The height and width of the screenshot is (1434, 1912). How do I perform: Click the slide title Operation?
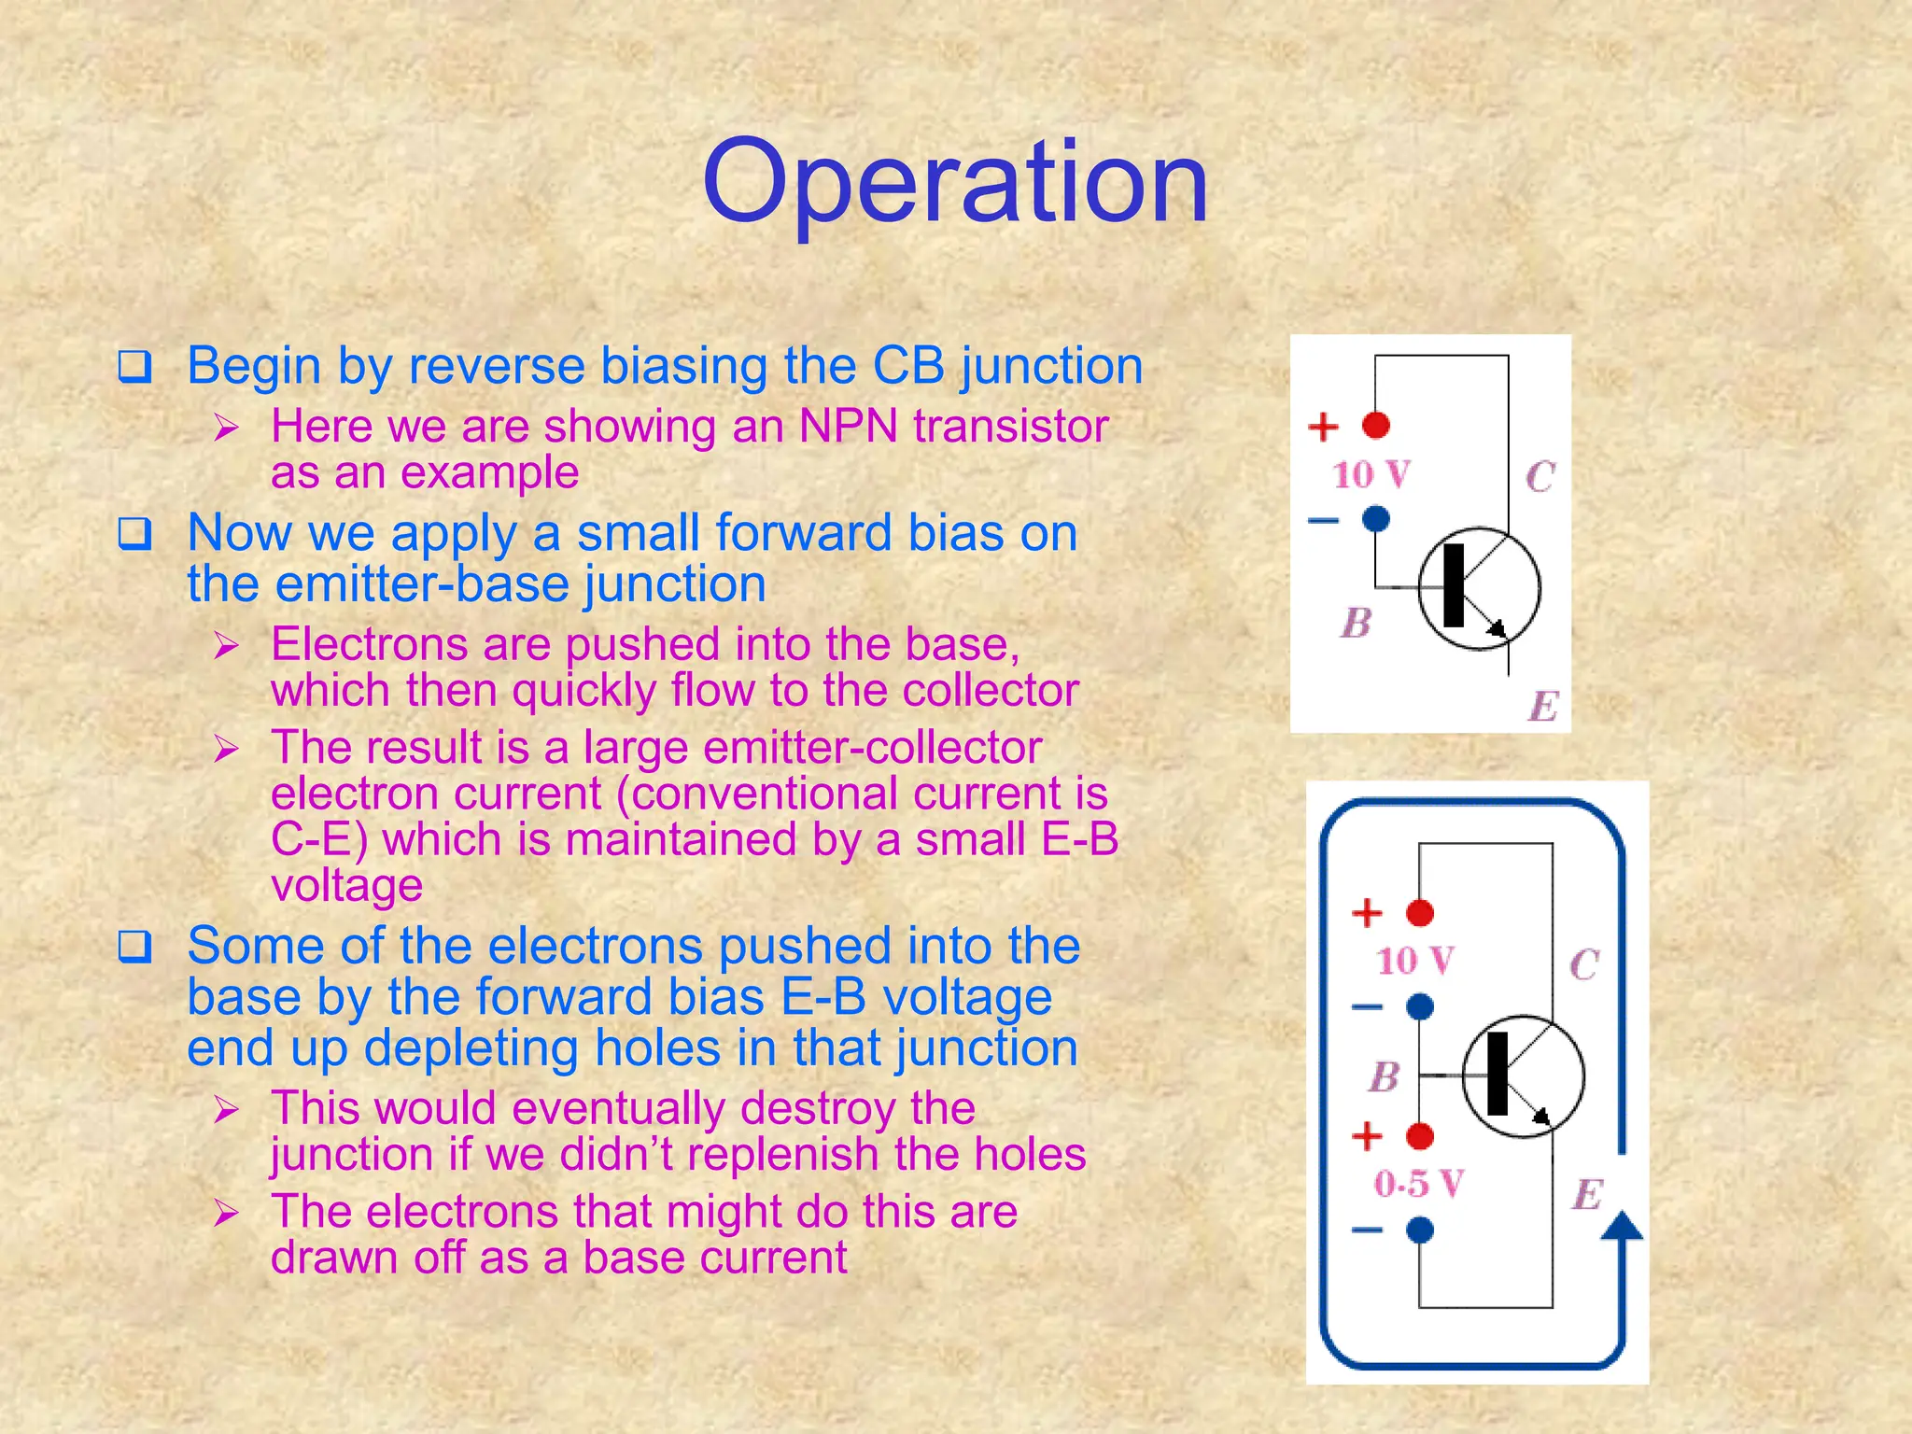click(954, 182)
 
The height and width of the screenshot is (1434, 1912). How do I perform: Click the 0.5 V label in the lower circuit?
click(1417, 1184)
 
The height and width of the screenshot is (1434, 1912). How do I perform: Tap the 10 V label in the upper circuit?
click(1371, 474)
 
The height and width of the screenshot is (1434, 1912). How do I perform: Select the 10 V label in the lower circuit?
click(1414, 960)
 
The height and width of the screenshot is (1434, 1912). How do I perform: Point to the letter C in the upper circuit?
click(1539, 477)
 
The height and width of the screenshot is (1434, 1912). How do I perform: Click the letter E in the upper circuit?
click(1543, 706)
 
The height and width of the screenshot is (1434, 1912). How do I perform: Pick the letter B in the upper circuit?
click(1357, 623)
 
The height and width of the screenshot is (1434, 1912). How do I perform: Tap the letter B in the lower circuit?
click(1385, 1076)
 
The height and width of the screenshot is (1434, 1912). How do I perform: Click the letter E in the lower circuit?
click(1588, 1194)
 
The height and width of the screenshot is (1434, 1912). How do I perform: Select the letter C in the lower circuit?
click(1584, 964)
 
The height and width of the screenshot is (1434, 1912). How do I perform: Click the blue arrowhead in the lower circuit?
click(1622, 1226)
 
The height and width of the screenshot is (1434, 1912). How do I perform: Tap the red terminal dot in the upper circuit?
click(1376, 425)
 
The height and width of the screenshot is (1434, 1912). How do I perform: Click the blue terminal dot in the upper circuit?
click(1376, 518)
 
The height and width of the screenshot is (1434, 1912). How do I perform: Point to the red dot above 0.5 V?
click(1420, 1136)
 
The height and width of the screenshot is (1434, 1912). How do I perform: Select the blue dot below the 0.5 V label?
click(1420, 1230)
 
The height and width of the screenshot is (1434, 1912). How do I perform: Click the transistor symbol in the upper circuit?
click(1479, 588)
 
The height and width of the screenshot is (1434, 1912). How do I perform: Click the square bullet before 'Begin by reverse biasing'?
click(134, 367)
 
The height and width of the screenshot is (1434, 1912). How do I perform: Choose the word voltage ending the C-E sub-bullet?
click(346, 885)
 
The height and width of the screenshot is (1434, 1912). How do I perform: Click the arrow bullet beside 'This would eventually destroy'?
click(226, 1110)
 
